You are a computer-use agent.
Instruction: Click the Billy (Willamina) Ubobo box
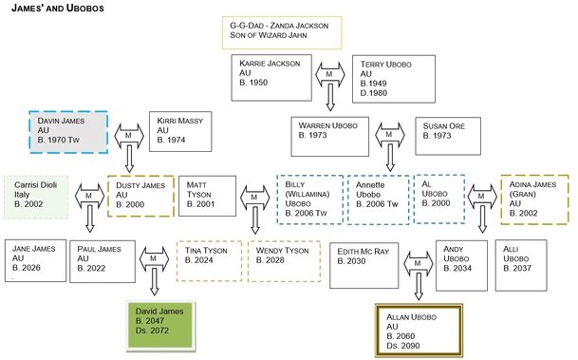pyautogui.click(x=309, y=199)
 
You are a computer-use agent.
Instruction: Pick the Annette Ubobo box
pyautogui.click(x=379, y=199)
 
